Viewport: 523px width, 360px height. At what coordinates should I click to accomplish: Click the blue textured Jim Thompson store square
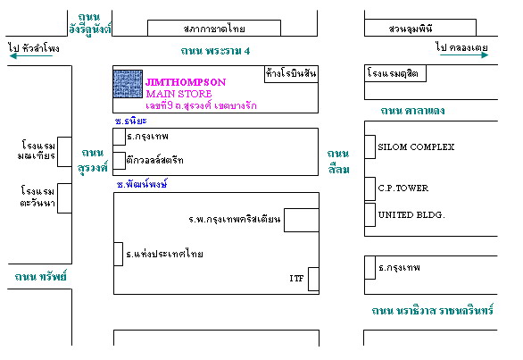pyautogui.click(x=128, y=84)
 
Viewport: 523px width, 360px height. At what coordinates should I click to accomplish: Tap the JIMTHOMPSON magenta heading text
pyautogui.click(x=186, y=82)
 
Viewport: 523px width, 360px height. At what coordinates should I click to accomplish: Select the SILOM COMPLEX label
pyautogui.click(x=416, y=147)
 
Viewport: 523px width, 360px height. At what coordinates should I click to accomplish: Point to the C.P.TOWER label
pyautogui.click(x=403, y=188)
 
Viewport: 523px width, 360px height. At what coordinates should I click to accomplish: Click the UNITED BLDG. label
pyautogui.click(x=411, y=214)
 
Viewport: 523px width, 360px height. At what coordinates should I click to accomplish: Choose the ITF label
pyautogui.click(x=296, y=278)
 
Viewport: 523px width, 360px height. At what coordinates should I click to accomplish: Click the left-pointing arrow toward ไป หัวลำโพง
pyautogui.click(x=31, y=55)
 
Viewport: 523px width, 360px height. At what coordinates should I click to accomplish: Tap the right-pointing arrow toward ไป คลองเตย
pyautogui.click(x=464, y=54)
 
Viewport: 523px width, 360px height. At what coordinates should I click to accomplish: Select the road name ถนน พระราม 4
pyautogui.click(x=215, y=51)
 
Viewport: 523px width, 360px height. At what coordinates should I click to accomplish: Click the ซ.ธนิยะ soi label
pyautogui.click(x=130, y=121)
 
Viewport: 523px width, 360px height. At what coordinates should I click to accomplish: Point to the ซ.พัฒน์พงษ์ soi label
pyautogui.click(x=142, y=184)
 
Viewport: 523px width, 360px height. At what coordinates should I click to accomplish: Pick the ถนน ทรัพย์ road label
pyautogui.click(x=41, y=277)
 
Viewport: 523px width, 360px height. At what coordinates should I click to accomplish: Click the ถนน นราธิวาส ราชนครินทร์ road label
pyautogui.click(x=433, y=311)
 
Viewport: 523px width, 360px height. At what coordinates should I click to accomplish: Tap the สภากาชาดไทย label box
pyautogui.click(x=214, y=28)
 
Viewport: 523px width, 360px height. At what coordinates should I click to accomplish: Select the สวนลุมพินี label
pyautogui.click(x=411, y=29)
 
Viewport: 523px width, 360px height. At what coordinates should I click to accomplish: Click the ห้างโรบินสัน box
pyautogui.click(x=291, y=74)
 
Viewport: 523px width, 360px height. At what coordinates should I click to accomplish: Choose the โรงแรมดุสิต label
pyautogui.click(x=393, y=72)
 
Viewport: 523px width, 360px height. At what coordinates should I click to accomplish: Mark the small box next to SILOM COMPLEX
pyautogui.click(x=369, y=147)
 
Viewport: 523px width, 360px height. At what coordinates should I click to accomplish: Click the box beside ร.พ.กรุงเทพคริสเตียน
pyautogui.click(x=302, y=220)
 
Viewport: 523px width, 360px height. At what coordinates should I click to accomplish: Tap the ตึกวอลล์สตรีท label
pyautogui.click(x=154, y=160)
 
